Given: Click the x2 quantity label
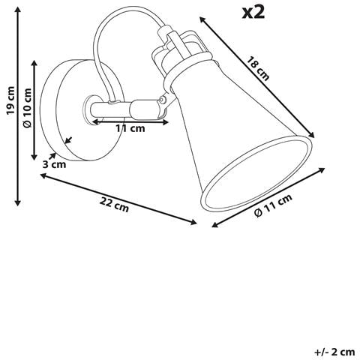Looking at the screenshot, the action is point(253,13).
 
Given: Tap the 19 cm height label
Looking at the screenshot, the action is point(11,100).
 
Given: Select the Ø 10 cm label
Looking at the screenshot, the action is point(28,108).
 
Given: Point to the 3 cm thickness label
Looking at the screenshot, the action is point(54,165).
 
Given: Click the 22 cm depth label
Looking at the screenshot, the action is point(114,205).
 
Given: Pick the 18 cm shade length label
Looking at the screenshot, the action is point(258,69).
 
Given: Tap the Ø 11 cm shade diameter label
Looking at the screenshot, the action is point(273,205).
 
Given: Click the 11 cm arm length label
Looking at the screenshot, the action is point(130,128).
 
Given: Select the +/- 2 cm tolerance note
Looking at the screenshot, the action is point(334,352).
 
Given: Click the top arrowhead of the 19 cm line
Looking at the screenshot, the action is point(17,10).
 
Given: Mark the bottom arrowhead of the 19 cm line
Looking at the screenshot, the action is point(17,203).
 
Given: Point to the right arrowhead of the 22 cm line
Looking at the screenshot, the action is point(193,222).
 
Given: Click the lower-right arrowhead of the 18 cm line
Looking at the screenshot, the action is point(311,135).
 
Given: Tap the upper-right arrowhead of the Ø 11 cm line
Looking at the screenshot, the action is point(322,170).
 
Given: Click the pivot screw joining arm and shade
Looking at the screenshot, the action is point(163,100).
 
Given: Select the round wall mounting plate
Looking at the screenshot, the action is point(82,110).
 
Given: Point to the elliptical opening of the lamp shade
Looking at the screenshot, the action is point(256,173).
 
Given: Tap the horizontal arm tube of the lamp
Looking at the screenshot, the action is point(110,110).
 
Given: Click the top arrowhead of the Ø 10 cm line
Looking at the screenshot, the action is point(34,63).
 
